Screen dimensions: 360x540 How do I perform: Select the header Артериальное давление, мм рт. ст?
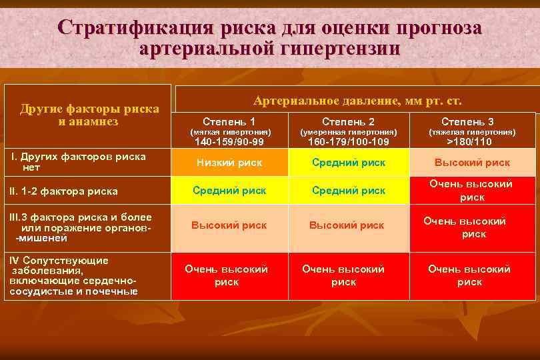pos(357,101)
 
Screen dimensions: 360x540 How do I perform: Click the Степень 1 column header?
pos(229,121)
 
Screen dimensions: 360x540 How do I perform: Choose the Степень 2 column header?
pos(348,121)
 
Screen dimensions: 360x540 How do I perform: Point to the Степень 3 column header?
pos(467,121)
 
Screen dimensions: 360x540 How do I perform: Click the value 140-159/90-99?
pos(229,141)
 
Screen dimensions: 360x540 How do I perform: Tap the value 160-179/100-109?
pos(348,141)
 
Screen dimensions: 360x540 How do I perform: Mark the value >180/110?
pos(469,141)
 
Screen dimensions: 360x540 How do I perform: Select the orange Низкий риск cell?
pos(229,162)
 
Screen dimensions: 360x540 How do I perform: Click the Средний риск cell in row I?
pos(349,162)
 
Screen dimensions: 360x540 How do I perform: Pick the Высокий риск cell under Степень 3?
pos(472,162)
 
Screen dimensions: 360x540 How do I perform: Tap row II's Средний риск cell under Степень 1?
pos(229,191)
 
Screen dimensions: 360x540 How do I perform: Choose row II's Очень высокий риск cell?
pos(471,191)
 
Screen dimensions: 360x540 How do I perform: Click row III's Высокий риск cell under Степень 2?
pos(347,225)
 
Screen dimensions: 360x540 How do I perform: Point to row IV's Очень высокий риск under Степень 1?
pos(226,275)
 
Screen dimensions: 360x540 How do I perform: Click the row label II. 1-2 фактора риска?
pos(63,191)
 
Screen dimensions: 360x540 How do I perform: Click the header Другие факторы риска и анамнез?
pos(89,115)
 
